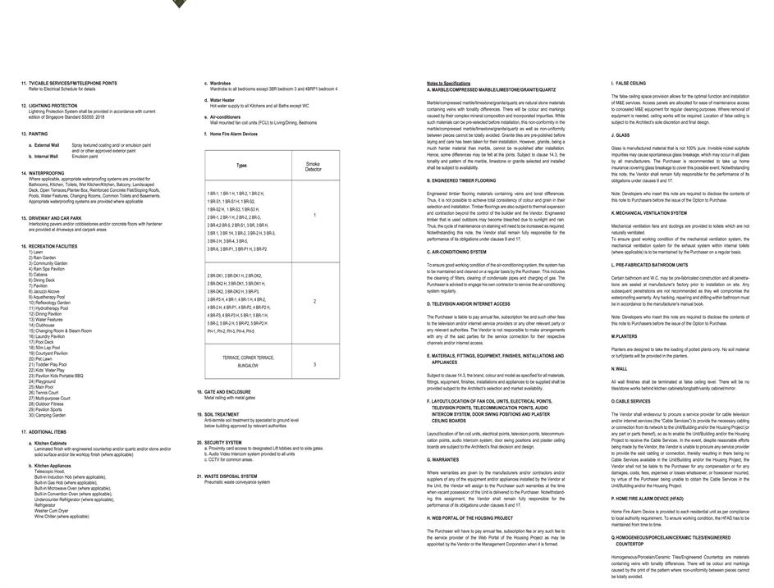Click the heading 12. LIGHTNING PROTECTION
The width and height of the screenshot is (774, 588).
click(53, 106)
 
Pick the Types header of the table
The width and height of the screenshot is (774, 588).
click(241, 166)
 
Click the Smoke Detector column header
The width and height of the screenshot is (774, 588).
click(314, 166)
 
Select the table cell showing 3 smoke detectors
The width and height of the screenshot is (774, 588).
click(314, 364)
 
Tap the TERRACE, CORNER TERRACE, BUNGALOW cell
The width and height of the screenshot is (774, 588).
click(248, 361)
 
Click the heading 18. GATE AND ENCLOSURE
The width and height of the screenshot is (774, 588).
click(227, 392)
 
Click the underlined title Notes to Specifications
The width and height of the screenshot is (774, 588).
click(448, 84)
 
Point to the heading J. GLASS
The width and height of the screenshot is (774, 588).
click(621, 135)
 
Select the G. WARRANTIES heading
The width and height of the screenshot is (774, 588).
click(443, 459)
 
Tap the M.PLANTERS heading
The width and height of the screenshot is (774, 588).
click(624, 336)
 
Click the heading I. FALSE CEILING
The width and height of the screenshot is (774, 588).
click(629, 84)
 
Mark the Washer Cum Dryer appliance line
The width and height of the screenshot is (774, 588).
click(52, 511)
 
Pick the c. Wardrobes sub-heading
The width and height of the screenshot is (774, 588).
click(218, 83)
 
